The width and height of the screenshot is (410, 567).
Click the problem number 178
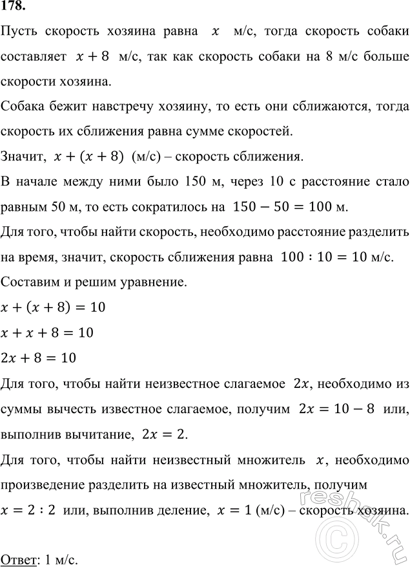(x=13, y=9)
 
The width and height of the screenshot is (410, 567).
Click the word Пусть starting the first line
(x=20, y=34)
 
